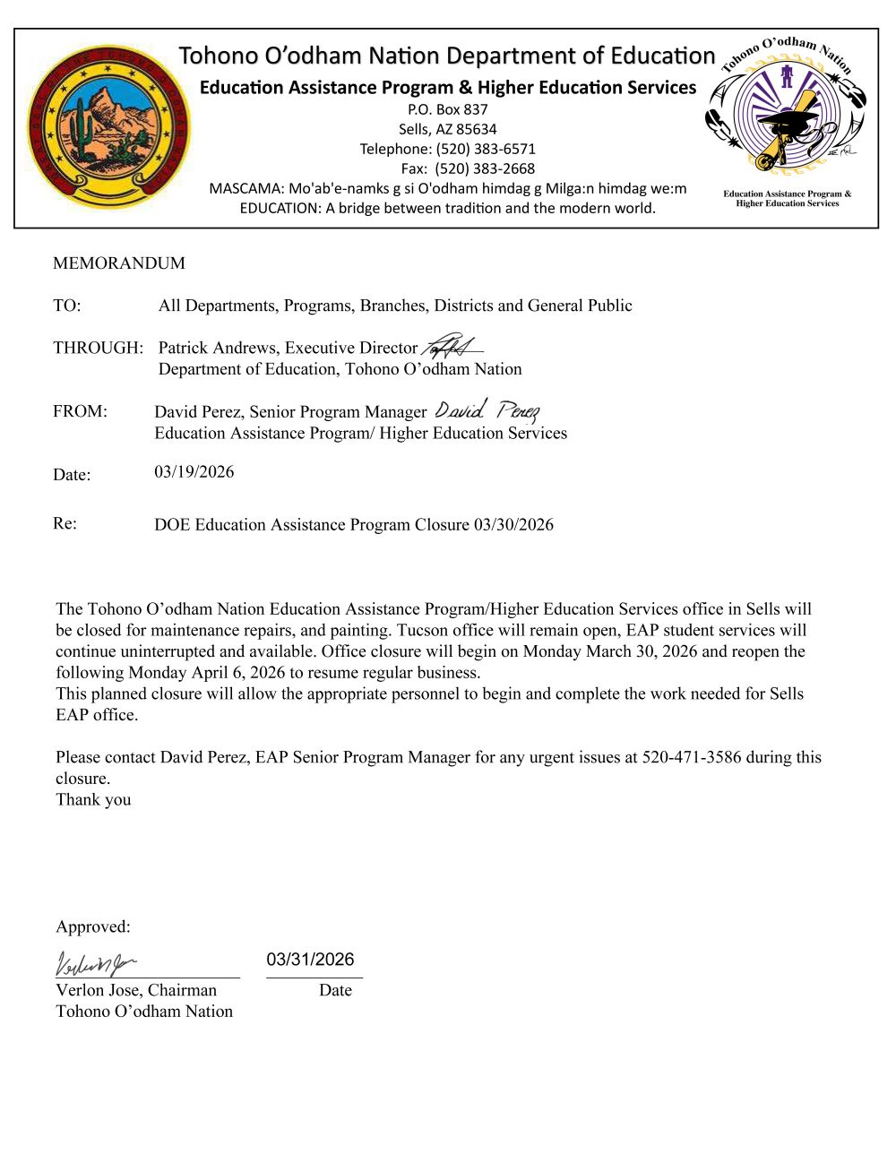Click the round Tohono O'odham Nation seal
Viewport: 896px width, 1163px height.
pos(108,126)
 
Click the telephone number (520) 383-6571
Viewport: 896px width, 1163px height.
pos(486,149)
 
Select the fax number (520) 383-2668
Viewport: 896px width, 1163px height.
pos(485,168)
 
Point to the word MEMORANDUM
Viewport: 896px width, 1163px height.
pos(119,263)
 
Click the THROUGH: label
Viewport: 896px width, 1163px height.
pos(98,348)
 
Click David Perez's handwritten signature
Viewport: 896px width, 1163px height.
pos(487,411)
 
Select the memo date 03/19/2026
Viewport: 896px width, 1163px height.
pos(194,472)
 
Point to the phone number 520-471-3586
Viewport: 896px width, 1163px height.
pos(692,757)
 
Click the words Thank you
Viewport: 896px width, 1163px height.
pos(93,800)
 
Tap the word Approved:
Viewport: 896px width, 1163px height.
pos(93,927)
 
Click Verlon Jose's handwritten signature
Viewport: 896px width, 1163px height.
pos(95,964)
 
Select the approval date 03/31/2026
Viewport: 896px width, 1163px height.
pos(310,960)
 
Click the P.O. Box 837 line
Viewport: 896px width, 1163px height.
pos(448,109)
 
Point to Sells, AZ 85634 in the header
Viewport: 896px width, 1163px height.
pos(448,129)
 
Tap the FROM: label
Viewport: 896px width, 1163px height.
pos(80,411)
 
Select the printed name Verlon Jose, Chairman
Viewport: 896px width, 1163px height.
pos(136,990)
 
